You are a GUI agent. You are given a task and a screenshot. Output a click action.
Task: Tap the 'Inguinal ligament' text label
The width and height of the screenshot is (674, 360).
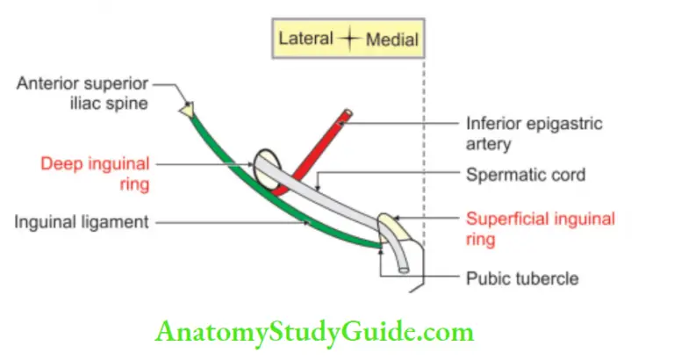[x=82, y=222]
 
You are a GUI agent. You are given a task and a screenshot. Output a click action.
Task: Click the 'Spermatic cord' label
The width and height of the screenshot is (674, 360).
[x=526, y=176]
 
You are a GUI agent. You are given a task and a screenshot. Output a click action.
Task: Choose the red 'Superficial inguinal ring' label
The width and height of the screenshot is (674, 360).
[x=540, y=228]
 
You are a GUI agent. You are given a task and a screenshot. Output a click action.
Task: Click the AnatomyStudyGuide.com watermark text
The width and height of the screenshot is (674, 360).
[x=314, y=333]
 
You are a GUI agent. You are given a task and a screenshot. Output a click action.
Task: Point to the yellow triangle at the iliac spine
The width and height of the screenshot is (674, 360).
[x=186, y=110]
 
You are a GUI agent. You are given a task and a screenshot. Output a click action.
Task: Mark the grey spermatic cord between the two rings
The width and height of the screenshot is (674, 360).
[x=329, y=198]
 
